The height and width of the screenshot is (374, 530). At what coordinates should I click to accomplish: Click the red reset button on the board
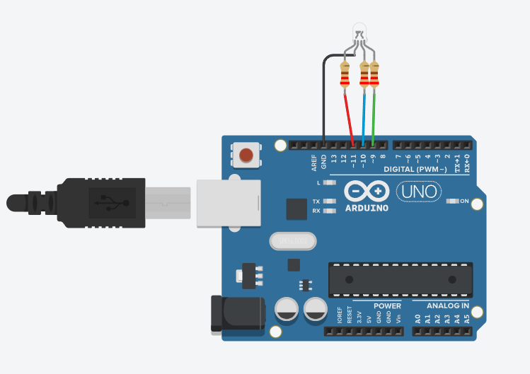click(x=246, y=155)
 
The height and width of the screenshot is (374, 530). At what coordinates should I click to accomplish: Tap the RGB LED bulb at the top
click(x=359, y=31)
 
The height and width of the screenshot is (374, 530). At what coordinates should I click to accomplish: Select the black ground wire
click(x=323, y=99)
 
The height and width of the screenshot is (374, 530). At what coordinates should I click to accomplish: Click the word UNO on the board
click(x=418, y=192)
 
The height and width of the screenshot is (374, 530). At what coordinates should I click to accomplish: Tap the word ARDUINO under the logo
click(x=366, y=209)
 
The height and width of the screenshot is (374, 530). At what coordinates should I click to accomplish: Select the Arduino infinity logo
click(x=366, y=192)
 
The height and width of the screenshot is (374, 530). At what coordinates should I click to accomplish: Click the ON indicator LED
click(x=453, y=201)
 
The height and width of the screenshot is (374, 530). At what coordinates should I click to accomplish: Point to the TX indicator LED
click(x=328, y=201)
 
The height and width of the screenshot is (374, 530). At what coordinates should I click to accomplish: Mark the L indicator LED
click(x=328, y=182)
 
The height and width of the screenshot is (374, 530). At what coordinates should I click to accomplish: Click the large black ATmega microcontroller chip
click(x=400, y=279)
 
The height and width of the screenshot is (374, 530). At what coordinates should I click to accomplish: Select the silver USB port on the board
click(x=228, y=203)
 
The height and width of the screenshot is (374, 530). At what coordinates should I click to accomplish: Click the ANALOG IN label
click(x=447, y=305)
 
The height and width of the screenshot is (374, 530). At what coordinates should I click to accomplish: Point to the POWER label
click(x=387, y=305)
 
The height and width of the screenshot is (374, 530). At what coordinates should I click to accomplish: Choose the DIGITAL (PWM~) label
click(x=415, y=170)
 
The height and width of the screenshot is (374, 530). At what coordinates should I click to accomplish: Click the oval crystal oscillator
click(x=292, y=242)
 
